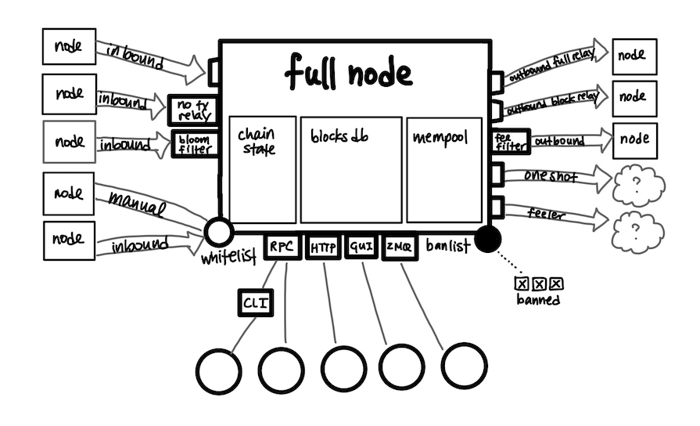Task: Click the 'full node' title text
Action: [347, 73]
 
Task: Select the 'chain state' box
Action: [262, 169]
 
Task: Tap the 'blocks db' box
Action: [351, 169]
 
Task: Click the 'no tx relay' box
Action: [192, 110]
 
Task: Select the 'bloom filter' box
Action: [193, 144]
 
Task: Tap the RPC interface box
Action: [281, 248]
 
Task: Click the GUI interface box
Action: [361, 248]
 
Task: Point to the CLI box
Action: [255, 302]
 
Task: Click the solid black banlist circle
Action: [489, 238]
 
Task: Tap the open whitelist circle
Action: [218, 233]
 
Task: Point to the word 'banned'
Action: [538, 299]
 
